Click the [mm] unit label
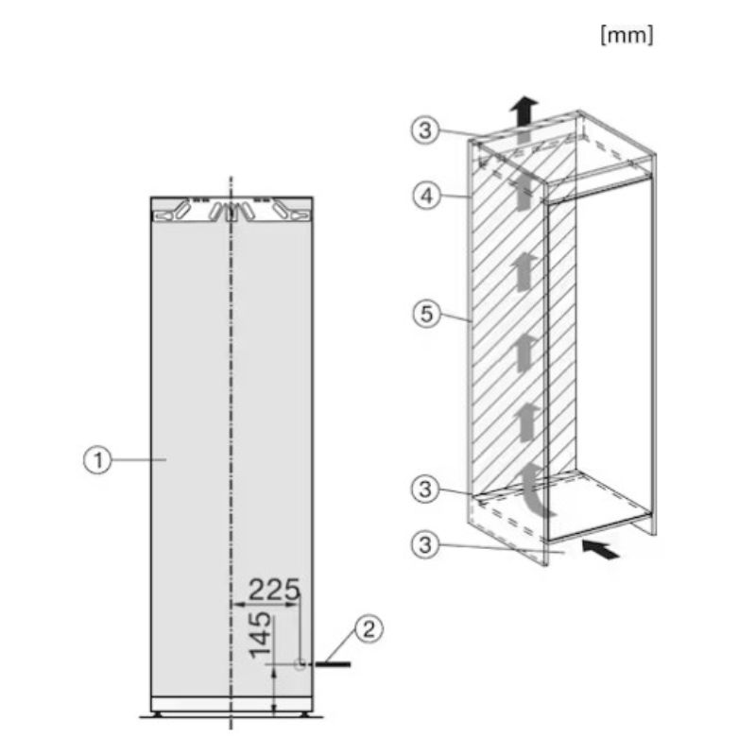click(x=627, y=35)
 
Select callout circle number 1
click(x=97, y=460)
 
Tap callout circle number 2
click(x=369, y=629)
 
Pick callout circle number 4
click(x=427, y=197)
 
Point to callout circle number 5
click(x=427, y=314)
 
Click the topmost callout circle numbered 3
click(x=425, y=129)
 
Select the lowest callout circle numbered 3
click(x=425, y=545)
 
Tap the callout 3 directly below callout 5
click(x=425, y=489)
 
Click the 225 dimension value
click(x=274, y=589)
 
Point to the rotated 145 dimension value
click(x=260, y=634)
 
